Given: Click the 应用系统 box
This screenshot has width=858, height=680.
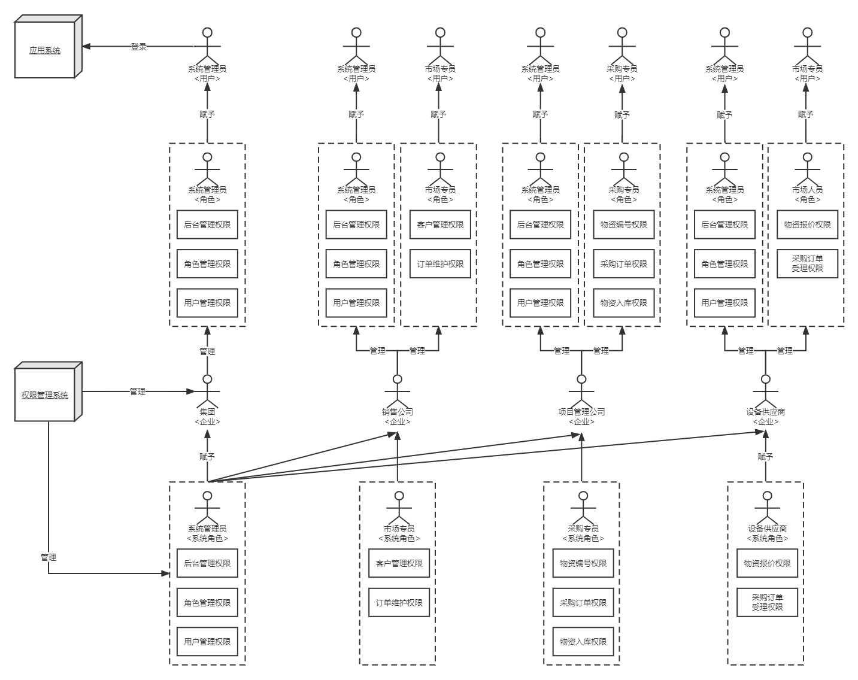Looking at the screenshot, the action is click(x=48, y=47).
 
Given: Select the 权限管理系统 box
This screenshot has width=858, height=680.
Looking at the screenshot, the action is click(x=48, y=392).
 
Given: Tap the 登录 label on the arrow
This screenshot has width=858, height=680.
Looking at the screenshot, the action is click(x=139, y=47).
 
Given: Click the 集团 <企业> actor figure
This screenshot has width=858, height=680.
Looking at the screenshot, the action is click(x=207, y=391).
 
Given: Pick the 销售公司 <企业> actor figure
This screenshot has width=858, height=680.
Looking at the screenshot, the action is click(x=398, y=391).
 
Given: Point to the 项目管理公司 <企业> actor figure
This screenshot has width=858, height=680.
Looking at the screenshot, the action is click(x=582, y=391).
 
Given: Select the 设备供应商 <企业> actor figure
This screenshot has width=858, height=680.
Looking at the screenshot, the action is click(x=766, y=391).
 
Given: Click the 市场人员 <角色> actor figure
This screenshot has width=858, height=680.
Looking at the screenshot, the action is click(x=807, y=169).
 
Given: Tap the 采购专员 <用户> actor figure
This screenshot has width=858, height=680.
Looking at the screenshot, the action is click(x=622, y=45).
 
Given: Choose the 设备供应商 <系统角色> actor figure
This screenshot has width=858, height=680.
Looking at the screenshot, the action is click(x=768, y=508).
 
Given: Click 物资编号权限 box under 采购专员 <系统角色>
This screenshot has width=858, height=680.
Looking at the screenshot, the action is click(x=583, y=563).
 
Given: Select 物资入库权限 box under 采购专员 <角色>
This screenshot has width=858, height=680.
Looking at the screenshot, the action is click(x=624, y=303).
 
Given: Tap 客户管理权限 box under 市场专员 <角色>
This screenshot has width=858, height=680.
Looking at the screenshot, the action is click(x=440, y=224).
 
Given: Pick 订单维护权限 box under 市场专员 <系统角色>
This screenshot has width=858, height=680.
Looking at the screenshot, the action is click(x=399, y=602).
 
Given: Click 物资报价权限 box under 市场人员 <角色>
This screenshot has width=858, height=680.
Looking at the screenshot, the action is click(x=807, y=224).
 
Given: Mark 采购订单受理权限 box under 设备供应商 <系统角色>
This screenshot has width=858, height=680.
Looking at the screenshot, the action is click(x=768, y=602).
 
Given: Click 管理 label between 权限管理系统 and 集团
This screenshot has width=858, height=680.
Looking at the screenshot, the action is click(x=138, y=392).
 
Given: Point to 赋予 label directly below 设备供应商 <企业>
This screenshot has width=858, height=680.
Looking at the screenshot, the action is click(x=766, y=457).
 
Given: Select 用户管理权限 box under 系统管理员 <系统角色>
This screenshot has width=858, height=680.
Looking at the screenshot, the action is click(x=207, y=641).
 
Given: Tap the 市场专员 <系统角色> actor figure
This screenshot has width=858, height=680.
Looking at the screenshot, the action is click(x=399, y=508).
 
